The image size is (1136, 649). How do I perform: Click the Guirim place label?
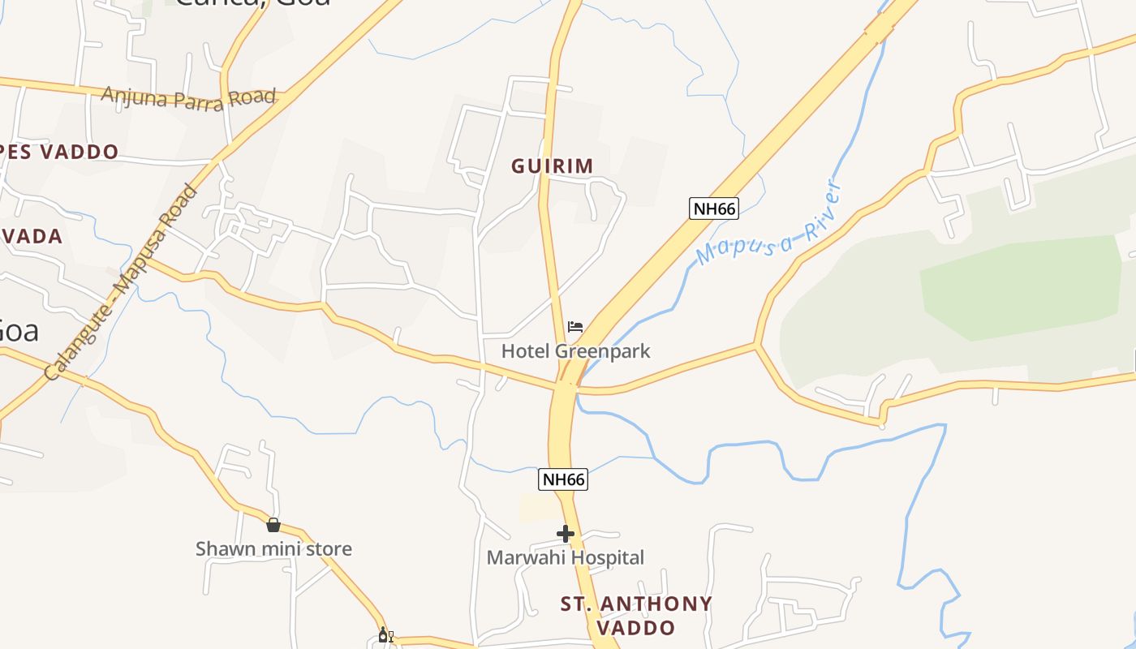point(552,166)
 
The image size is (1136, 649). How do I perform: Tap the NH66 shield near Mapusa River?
point(714,208)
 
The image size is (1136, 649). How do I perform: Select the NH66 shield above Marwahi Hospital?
point(562,479)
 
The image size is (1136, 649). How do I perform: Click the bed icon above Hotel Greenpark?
point(575,327)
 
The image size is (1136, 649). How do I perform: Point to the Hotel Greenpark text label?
point(575,351)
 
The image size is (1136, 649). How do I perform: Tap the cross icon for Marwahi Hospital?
point(566,534)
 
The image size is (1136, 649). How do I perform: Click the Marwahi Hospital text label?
point(565,557)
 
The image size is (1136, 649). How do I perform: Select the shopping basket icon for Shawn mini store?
point(273,525)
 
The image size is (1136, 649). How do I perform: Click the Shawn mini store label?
point(273,548)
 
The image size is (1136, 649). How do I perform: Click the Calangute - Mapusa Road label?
point(122,282)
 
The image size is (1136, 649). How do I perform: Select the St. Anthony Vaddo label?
point(636,615)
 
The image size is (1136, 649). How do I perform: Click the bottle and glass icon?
point(385,635)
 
